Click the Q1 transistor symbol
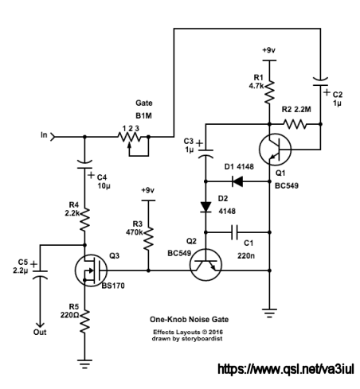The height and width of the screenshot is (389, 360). [x=275, y=150]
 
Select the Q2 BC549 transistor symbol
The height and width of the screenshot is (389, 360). [x=205, y=265]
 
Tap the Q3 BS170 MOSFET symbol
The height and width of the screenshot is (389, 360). [x=91, y=270]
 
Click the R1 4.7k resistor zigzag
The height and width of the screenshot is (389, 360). [x=269, y=92]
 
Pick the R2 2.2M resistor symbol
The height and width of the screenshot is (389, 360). [x=295, y=124]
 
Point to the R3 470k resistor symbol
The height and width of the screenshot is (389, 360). [x=148, y=238]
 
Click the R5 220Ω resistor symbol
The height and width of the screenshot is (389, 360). [x=84, y=321]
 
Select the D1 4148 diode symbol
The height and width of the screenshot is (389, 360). [x=237, y=181]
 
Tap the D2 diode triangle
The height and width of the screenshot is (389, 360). [x=205, y=208]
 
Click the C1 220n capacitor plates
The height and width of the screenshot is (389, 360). [x=234, y=232]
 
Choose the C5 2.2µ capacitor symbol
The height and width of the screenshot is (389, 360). [x=40, y=274]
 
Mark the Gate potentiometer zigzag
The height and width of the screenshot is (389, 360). [x=129, y=137]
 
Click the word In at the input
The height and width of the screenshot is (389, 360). [x=44, y=135]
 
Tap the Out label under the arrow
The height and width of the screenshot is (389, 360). [x=40, y=333]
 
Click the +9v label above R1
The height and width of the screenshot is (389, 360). [x=268, y=50]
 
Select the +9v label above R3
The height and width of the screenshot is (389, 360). [x=147, y=190]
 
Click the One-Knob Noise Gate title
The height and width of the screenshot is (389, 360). [x=189, y=319]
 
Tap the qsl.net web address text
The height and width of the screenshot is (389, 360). [x=286, y=369]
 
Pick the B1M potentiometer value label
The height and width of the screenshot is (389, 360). [x=143, y=116]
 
